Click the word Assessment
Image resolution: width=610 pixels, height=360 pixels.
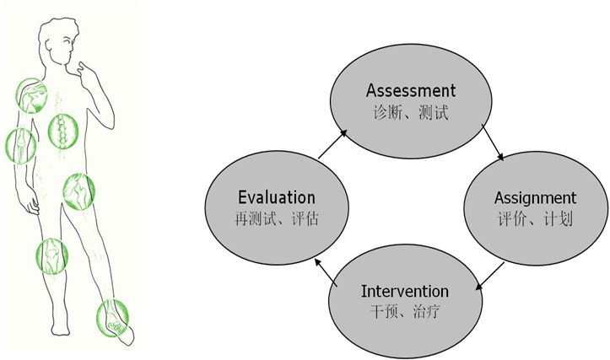click(410, 90)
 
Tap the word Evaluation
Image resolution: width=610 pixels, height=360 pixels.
click(277, 197)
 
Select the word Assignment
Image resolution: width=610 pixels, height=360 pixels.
click(535, 199)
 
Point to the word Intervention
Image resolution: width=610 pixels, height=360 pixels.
click(405, 291)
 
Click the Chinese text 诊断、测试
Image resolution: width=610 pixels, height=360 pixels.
click(410, 113)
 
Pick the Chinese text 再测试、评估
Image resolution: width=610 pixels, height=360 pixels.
click(277, 218)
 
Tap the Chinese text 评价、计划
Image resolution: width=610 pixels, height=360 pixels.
click(535, 219)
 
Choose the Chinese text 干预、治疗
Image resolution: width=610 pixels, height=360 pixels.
click(405, 311)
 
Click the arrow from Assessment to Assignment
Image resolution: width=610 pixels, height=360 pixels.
click(493, 142)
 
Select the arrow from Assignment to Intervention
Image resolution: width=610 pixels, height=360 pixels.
click(490, 276)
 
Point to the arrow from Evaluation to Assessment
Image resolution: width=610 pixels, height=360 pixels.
click(332, 144)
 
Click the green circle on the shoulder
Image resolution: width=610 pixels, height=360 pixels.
click(31, 95)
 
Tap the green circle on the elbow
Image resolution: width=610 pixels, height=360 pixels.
click(21, 146)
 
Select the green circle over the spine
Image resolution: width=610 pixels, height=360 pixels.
click(63, 131)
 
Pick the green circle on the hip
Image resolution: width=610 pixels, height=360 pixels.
click(79, 191)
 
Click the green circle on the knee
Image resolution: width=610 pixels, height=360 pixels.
click(52, 256)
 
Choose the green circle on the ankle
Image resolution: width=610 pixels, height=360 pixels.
click(112, 318)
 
